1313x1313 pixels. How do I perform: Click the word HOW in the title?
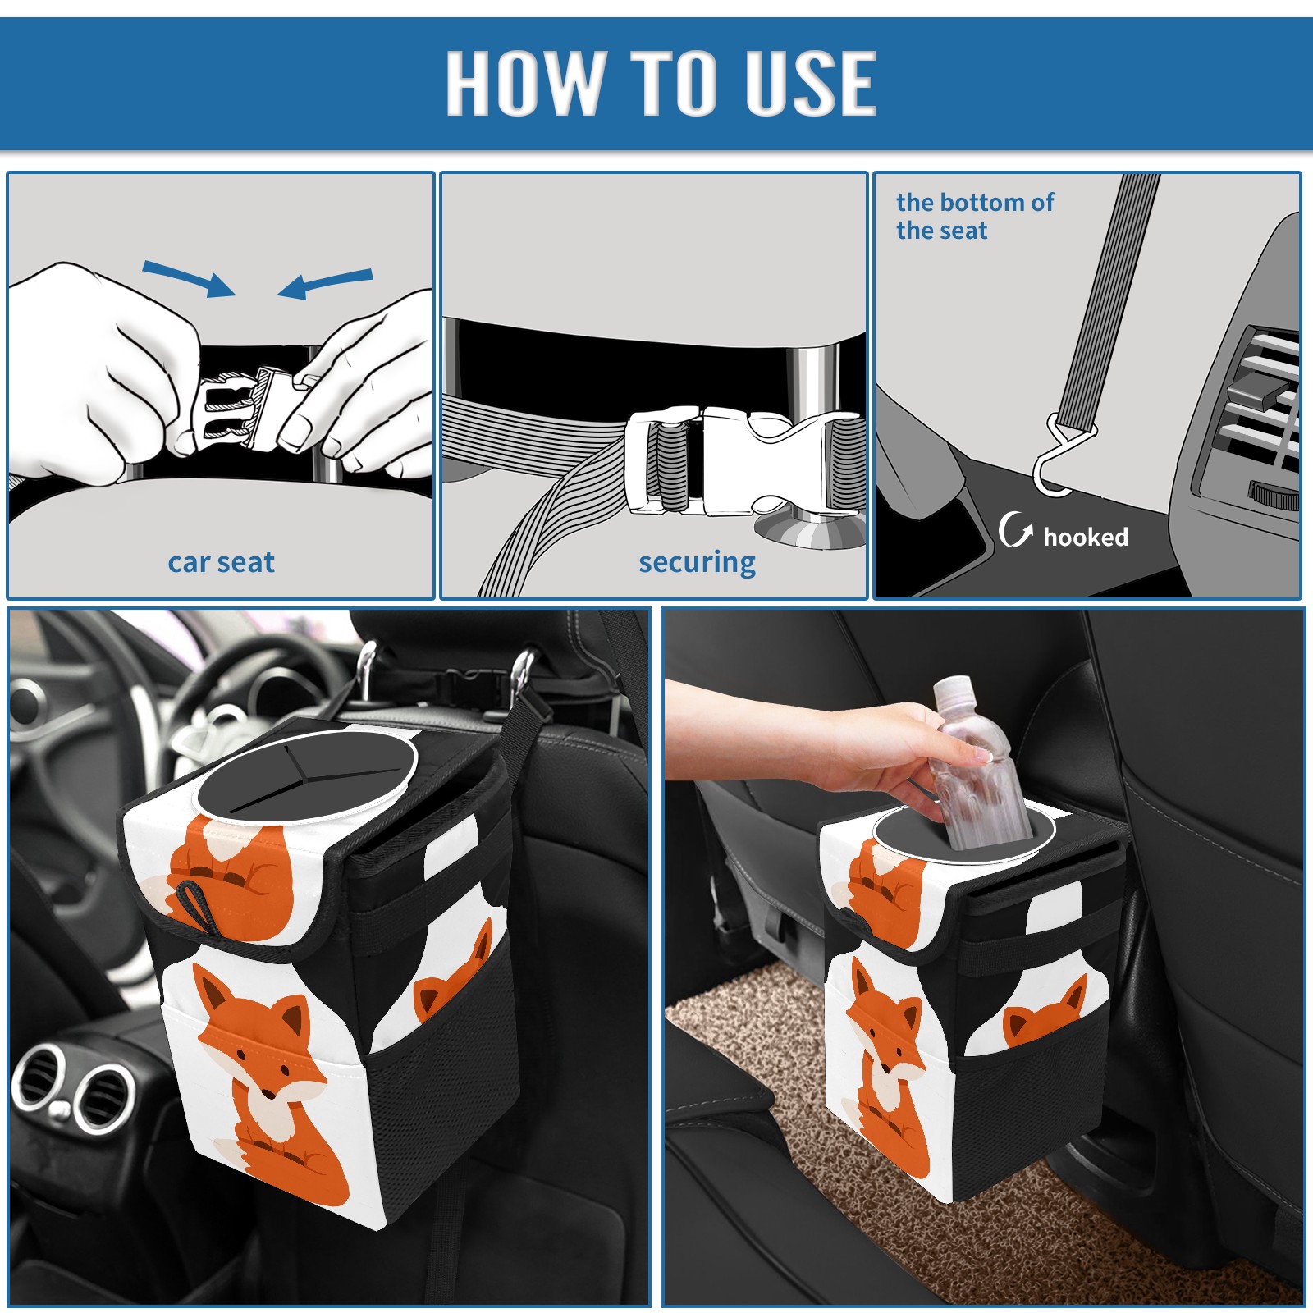(x=524, y=82)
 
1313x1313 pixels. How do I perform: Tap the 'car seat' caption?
(x=221, y=563)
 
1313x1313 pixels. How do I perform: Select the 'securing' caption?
(x=697, y=563)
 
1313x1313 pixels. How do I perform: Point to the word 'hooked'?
(x=1086, y=538)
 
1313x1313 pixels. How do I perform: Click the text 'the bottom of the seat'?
(x=974, y=217)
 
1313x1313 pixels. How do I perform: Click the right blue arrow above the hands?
(x=325, y=283)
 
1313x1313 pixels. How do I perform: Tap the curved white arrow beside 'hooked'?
(x=1015, y=529)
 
